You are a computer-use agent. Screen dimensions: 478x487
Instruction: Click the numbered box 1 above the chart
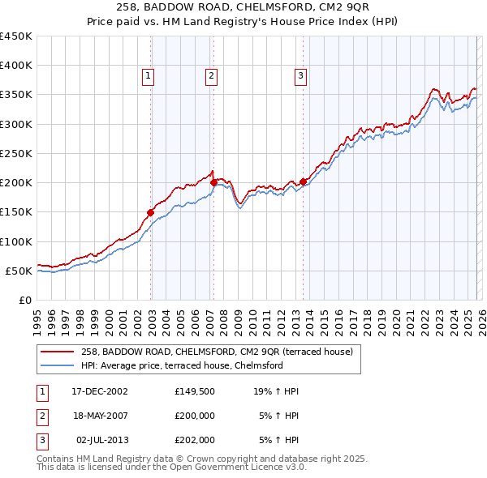click(150, 77)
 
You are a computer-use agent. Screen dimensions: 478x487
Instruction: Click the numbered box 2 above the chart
click(211, 77)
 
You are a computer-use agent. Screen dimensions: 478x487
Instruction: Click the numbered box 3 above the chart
click(300, 77)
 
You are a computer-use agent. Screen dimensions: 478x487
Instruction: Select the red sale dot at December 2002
click(151, 212)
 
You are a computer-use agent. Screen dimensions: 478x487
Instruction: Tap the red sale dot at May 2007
click(213, 183)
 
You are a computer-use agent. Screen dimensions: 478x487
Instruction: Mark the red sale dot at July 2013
click(303, 181)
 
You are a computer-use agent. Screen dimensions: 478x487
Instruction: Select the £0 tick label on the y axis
click(24, 300)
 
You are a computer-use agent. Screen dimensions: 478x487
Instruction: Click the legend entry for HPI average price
click(182, 366)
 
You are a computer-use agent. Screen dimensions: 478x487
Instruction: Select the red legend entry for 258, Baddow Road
click(217, 352)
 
